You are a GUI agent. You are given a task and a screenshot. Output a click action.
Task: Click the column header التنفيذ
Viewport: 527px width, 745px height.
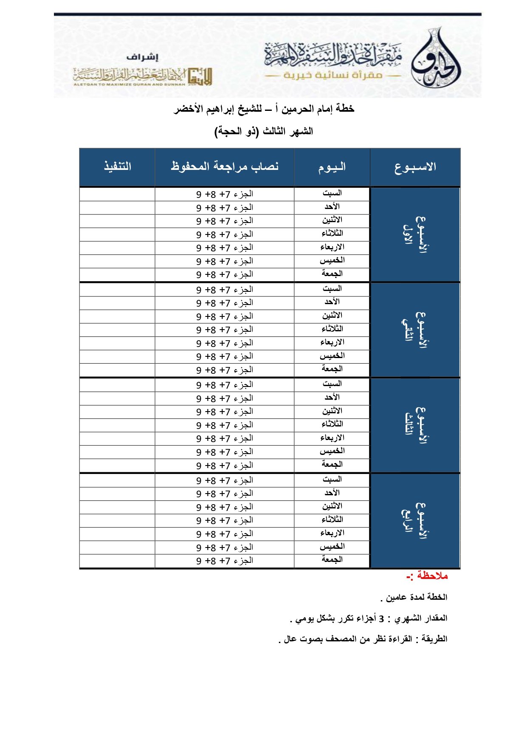click(117, 166)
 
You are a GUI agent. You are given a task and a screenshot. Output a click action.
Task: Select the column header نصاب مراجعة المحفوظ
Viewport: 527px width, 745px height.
click(225, 166)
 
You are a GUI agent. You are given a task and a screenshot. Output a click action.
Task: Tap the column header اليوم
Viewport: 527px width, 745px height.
click(332, 167)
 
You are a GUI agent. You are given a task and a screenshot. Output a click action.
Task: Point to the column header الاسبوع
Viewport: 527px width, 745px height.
click(415, 167)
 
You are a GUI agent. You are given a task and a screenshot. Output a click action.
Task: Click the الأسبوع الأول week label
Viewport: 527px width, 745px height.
click(415, 234)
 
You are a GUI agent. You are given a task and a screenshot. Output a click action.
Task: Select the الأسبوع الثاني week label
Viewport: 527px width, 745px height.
click(415, 330)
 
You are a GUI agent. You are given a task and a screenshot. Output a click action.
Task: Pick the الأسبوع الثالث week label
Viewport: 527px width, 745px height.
click(415, 425)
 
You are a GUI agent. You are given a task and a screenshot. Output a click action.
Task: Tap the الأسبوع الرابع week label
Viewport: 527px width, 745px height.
click(415, 521)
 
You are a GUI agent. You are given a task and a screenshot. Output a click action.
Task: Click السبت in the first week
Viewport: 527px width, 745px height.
click(332, 193)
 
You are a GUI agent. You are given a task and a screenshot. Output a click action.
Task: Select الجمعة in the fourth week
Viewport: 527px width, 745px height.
click(332, 560)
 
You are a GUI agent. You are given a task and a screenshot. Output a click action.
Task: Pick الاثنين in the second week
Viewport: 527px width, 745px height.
click(332, 316)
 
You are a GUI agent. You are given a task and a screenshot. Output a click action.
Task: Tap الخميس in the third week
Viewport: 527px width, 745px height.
click(332, 451)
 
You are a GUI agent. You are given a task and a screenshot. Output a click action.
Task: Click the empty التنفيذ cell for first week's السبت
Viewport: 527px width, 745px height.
click(117, 194)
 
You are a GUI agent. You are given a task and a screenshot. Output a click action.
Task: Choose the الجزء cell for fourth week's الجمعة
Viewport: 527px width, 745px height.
click(225, 561)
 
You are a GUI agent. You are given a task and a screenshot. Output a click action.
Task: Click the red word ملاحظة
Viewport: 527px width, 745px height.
click(432, 576)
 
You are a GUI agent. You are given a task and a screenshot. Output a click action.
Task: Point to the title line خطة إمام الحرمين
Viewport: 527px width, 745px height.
click(264, 109)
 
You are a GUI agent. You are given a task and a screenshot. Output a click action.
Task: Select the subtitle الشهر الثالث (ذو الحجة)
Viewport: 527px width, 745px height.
click(264, 131)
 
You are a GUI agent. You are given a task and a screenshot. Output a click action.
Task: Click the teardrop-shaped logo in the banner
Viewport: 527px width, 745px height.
click(436, 59)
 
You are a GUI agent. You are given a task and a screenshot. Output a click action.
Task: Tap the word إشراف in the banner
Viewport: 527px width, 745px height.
click(142, 57)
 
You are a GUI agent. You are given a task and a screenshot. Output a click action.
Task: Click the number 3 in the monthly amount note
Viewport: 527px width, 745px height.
click(381, 618)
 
